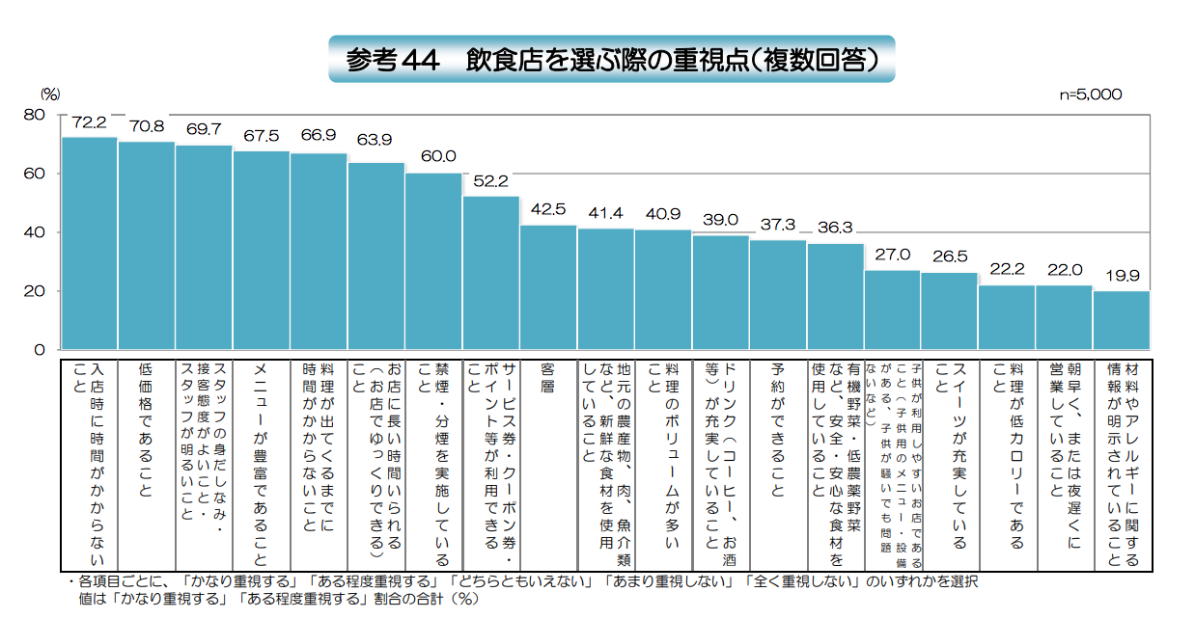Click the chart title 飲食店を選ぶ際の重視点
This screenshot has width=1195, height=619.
tap(612, 60)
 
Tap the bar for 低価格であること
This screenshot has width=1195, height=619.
tap(147, 245)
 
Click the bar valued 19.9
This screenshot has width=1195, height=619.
tap(1122, 320)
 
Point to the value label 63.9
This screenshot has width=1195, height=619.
tap(375, 140)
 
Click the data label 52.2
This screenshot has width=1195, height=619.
tap(489, 180)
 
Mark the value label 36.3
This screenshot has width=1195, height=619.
tap(835, 228)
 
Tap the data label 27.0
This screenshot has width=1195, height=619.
tap(892, 255)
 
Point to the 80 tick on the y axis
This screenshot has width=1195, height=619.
tap(34, 115)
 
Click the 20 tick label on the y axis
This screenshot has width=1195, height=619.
tap(34, 291)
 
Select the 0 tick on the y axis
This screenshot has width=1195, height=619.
tap(39, 350)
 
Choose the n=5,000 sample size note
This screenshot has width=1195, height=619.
tap(1091, 94)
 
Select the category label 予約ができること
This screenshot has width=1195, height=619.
tap(778, 429)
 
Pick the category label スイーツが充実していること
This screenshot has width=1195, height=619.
tap(950, 429)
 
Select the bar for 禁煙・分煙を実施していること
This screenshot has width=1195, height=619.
tap(433, 261)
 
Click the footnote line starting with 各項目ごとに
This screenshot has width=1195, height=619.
tap(521, 583)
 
